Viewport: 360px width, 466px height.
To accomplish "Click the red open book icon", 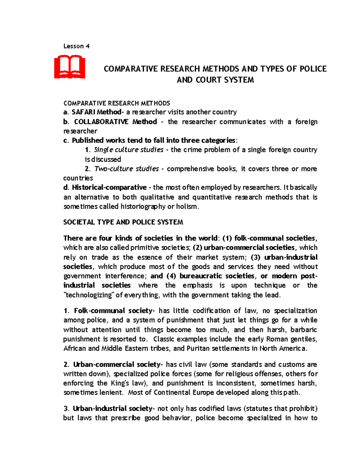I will [x=70, y=67].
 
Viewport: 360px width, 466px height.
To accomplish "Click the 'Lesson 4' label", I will [x=76, y=46].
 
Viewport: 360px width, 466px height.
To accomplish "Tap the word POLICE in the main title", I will [x=313, y=69].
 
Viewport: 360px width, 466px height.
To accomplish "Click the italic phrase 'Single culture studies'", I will [x=129, y=150].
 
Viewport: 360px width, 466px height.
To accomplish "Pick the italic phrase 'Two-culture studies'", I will [x=127, y=169].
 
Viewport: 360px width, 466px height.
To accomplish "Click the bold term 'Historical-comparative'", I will [x=109, y=188].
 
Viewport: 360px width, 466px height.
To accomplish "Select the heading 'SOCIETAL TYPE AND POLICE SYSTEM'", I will [x=123, y=222].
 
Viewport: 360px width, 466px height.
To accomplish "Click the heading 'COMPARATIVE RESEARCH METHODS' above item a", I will [x=117, y=103].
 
